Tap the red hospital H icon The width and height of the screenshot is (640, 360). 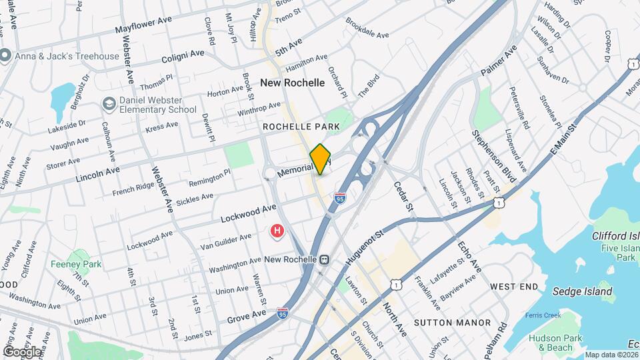[x=276, y=231]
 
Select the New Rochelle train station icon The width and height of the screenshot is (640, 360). [x=324, y=259]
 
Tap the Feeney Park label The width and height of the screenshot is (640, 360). [x=76, y=264]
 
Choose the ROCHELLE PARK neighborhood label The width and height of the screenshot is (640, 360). [x=301, y=126]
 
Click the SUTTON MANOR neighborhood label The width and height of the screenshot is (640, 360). [x=447, y=323]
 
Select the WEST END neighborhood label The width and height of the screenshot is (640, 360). [x=514, y=286]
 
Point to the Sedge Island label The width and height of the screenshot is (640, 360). [x=582, y=291]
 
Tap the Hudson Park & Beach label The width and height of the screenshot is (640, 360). [x=551, y=343]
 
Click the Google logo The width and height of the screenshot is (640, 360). [x=22, y=351]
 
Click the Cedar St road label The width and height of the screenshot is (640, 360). [x=405, y=197]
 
